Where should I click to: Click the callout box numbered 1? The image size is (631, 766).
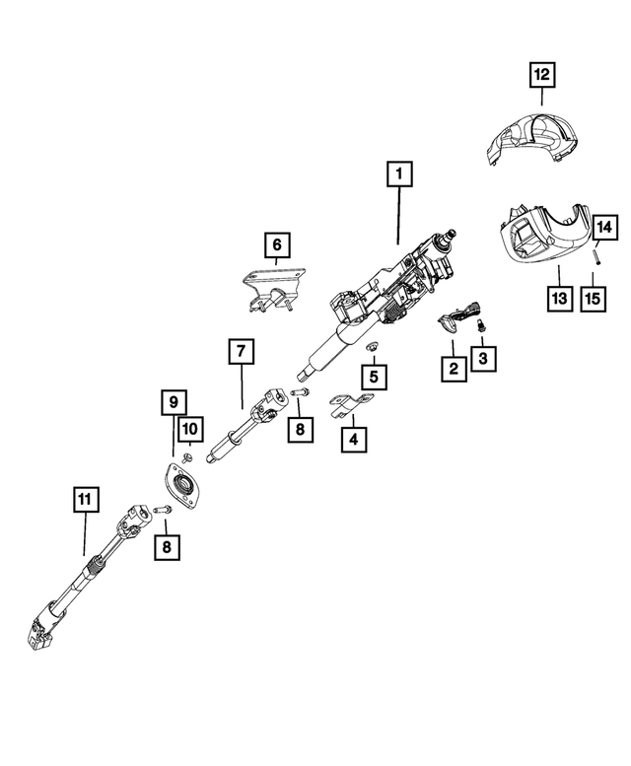(x=399, y=176)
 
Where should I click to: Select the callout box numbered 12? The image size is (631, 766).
(x=542, y=73)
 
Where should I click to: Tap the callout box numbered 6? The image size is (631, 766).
(x=277, y=243)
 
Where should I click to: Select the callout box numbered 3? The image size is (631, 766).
(x=482, y=359)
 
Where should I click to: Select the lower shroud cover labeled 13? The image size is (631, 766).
(x=542, y=237)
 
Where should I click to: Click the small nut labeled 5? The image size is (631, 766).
(x=373, y=347)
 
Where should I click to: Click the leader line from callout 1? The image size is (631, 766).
(x=399, y=217)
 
